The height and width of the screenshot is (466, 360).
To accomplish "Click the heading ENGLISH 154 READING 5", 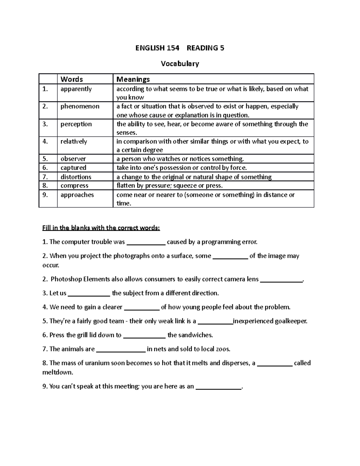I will (180, 48).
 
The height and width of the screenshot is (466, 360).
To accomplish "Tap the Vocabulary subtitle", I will (180, 64).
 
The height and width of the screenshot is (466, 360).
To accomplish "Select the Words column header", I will (72, 79).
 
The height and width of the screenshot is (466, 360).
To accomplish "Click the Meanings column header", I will (133, 79).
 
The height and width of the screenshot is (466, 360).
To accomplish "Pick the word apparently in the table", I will (76, 89).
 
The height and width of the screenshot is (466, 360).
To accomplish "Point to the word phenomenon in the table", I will (80, 106).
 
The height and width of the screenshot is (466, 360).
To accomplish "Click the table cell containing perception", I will (76, 124).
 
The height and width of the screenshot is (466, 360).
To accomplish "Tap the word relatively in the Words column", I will (74, 141).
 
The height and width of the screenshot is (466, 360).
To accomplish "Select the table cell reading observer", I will (73, 159).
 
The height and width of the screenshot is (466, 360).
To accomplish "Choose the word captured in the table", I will (73, 168).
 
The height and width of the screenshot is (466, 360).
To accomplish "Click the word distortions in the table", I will (76, 177).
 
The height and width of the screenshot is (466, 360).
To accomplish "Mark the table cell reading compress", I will (74, 185).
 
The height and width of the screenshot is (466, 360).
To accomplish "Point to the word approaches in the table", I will (77, 195).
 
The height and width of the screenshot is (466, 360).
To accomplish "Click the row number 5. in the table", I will (45, 159).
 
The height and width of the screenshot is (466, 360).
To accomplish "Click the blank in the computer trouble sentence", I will (146, 242).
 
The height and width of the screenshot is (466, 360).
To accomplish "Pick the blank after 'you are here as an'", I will (218, 387).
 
